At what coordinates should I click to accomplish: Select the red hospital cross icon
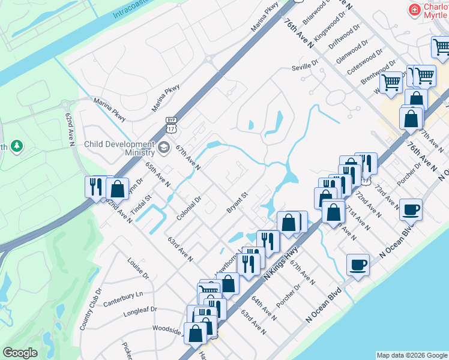click(414, 10)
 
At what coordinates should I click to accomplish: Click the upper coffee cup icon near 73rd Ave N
click(411, 210)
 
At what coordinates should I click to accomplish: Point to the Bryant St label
click(237, 202)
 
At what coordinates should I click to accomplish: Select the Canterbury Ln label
click(123, 295)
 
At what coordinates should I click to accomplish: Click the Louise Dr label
click(137, 268)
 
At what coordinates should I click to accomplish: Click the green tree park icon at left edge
click(17, 146)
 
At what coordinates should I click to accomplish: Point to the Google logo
click(20, 353)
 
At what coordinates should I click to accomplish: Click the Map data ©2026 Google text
click(412, 355)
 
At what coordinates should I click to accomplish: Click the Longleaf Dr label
click(140, 311)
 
